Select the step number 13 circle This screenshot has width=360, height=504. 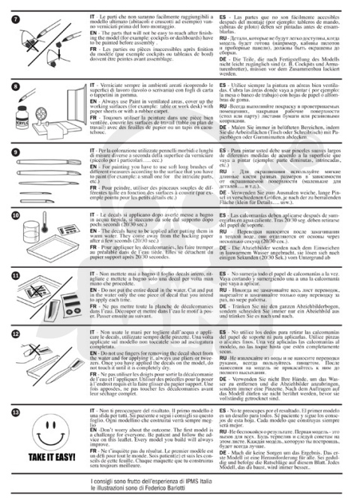point(17,411)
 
